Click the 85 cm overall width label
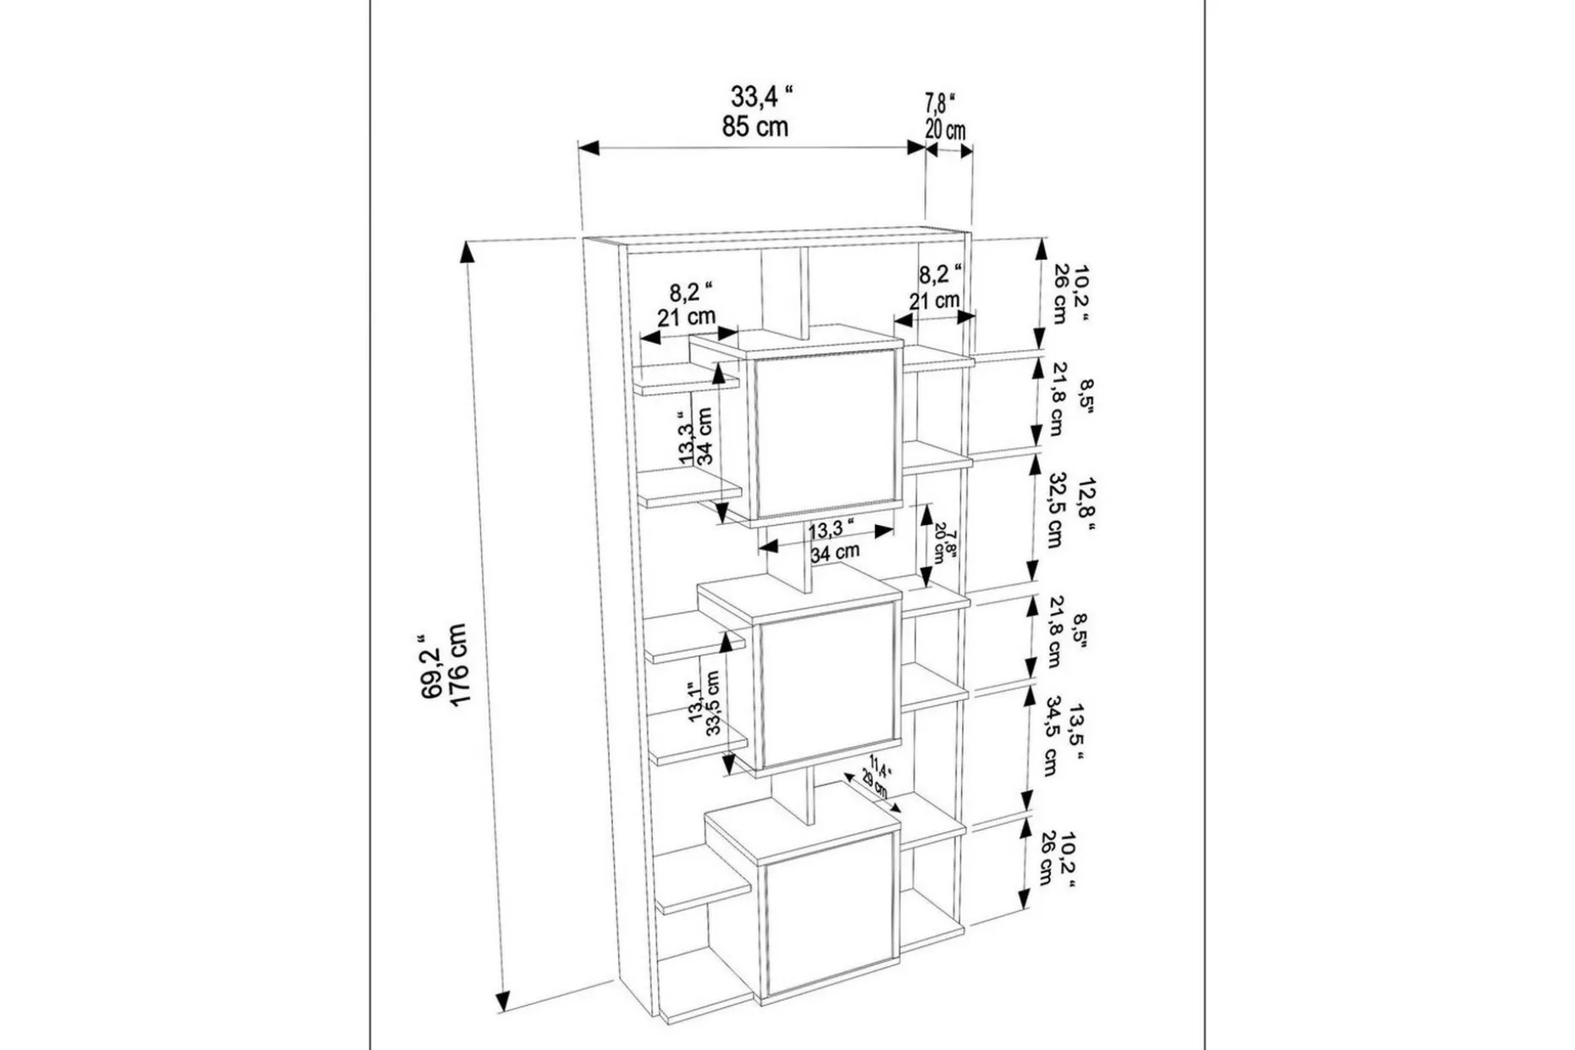click(x=754, y=127)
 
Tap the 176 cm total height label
click(x=457, y=665)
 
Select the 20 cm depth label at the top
click(x=945, y=130)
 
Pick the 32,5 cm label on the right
click(x=1055, y=511)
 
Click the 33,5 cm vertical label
click(x=714, y=702)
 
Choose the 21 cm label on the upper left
click(x=686, y=318)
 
